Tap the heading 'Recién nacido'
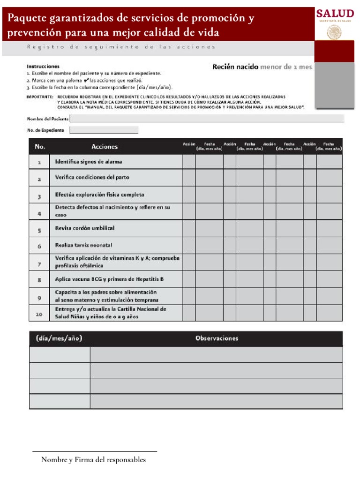(x=235, y=67)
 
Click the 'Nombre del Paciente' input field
(x=206, y=119)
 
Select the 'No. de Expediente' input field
(x=104, y=130)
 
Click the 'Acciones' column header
(x=105, y=147)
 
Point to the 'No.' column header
(x=40, y=147)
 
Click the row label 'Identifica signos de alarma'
(x=89, y=162)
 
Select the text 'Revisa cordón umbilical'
(x=85, y=228)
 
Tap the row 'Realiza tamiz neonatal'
(x=83, y=245)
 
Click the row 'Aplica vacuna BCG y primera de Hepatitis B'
(x=109, y=279)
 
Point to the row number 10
(x=39, y=315)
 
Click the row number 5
(x=39, y=231)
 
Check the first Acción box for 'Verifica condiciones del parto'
(x=189, y=178)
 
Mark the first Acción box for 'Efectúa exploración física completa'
(x=189, y=195)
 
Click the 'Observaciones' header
(x=217, y=338)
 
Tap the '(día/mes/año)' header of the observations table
(x=59, y=338)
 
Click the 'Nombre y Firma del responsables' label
(x=93, y=460)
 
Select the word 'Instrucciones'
(x=43, y=67)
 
